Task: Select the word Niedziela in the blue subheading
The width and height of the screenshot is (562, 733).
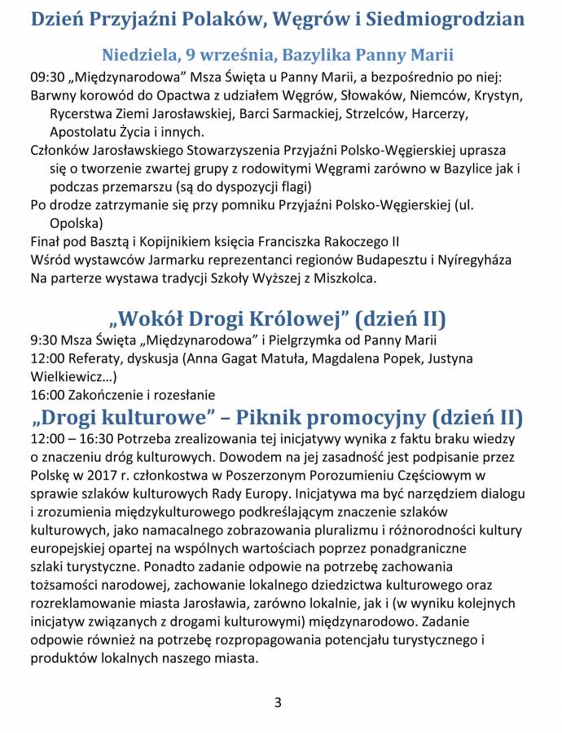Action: click(x=136, y=55)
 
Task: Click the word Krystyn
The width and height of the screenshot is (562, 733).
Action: click(x=495, y=95)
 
